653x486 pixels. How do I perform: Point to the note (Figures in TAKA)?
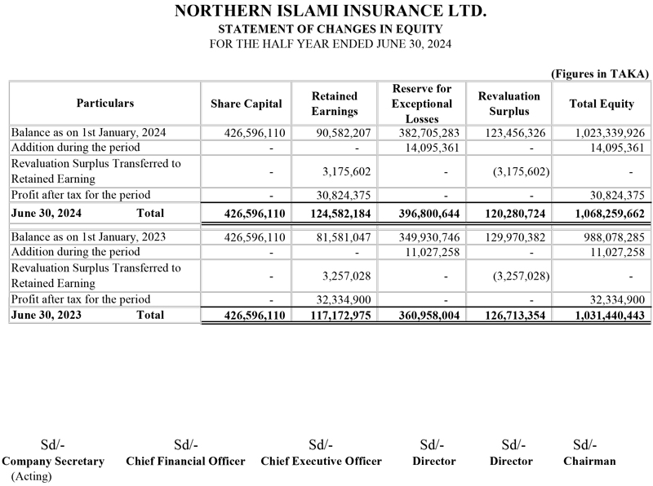point(600,73)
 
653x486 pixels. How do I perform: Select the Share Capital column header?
point(246,104)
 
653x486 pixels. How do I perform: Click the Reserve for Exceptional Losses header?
point(422,104)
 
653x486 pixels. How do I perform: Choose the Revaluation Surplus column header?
point(509,104)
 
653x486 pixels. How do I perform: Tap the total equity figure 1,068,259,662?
point(598,214)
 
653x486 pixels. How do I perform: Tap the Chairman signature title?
point(589,461)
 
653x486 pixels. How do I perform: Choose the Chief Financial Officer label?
point(185,461)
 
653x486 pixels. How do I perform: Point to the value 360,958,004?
point(422,315)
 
